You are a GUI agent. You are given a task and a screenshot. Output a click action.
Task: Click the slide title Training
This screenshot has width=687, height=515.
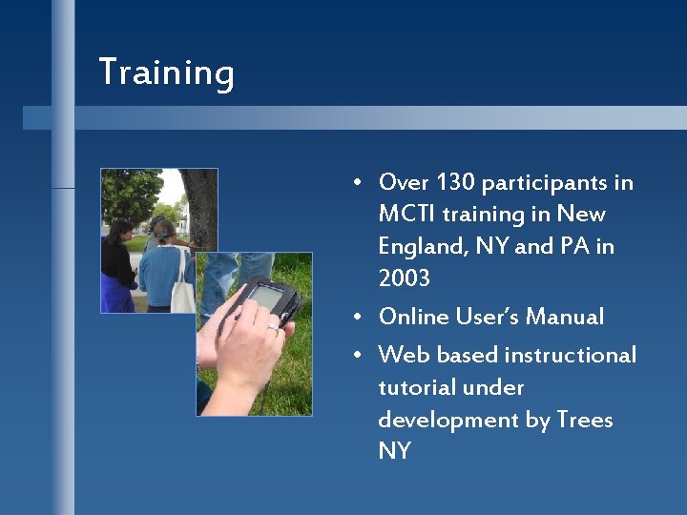click(x=166, y=73)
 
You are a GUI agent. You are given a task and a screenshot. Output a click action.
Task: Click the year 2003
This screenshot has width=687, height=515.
click(x=404, y=279)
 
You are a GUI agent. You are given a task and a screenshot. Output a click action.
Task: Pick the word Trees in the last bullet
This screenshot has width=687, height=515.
click(x=584, y=421)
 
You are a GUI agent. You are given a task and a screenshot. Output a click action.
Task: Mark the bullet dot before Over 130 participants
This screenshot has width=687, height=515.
click(x=355, y=183)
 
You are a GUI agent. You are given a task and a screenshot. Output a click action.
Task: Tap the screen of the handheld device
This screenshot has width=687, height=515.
click(x=264, y=297)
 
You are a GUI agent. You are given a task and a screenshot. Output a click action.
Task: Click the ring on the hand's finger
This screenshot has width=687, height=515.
click(x=273, y=328)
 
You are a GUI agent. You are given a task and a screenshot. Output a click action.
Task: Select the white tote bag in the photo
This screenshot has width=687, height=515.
click(x=183, y=291)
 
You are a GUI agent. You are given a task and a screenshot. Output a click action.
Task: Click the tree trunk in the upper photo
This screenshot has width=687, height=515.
click(x=200, y=205)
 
